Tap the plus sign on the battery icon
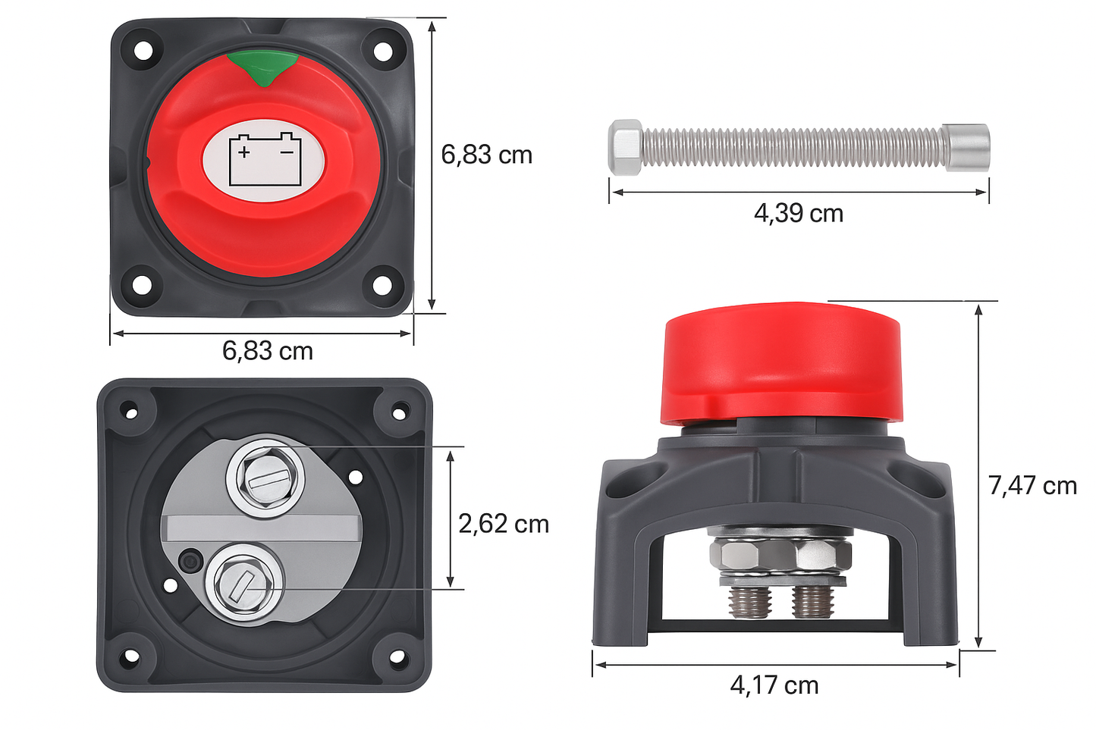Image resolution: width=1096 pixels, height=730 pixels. coord(244,152)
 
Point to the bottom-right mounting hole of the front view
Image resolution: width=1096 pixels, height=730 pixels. coord(382,285)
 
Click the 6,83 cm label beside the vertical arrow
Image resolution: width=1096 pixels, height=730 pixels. coord(486,155)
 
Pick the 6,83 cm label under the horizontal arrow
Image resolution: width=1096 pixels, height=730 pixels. coord(267,351)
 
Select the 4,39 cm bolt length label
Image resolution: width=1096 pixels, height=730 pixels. coord(798,214)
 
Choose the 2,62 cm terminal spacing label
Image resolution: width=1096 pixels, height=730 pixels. coord(503,524)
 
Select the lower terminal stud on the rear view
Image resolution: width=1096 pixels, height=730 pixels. coord(243,584)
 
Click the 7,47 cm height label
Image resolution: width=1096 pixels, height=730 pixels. coord(1032,486)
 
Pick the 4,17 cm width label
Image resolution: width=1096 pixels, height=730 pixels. coord(774,685)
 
